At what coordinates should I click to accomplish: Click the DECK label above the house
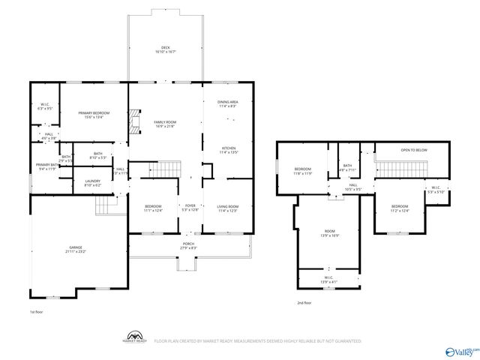pyautogui.click(x=165, y=49)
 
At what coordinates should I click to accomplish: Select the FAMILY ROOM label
pyautogui.click(x=165, y=123)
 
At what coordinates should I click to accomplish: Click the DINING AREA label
pyautogui.click(x=228, y=103)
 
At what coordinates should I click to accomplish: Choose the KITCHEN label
pyautogui.click(x=228, y=150)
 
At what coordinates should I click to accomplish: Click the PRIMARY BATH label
pyautogui.click(x=47, y=166)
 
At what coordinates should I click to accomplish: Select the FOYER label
pyautogui.click(x=190, y=208)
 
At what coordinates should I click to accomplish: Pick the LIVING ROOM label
pyautogui.click(x=227, y=208)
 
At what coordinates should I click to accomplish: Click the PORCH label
pyautogui.click(x=188, y=245)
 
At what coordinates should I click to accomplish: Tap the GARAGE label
pyautogui.click(x=76, y=248)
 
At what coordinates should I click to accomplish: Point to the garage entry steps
pyautogui.click(x=109, y=201)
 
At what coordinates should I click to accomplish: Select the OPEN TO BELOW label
pyautogui.click(x=413, y=150)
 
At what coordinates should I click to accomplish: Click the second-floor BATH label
pyautogui.click(x=346, y=167)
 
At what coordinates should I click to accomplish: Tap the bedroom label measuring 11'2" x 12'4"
pyautogui.click(x=399, y=208)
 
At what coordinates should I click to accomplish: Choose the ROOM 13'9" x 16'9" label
pyautogui.click(x=330, y=233)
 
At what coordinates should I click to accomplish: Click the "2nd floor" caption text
pyautogui.click(x=304, y=302)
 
